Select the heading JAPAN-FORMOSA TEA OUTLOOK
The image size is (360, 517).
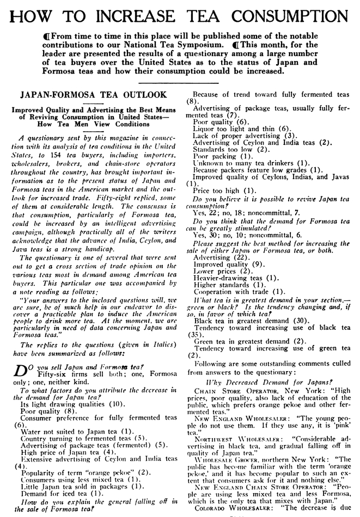coord(93,94)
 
